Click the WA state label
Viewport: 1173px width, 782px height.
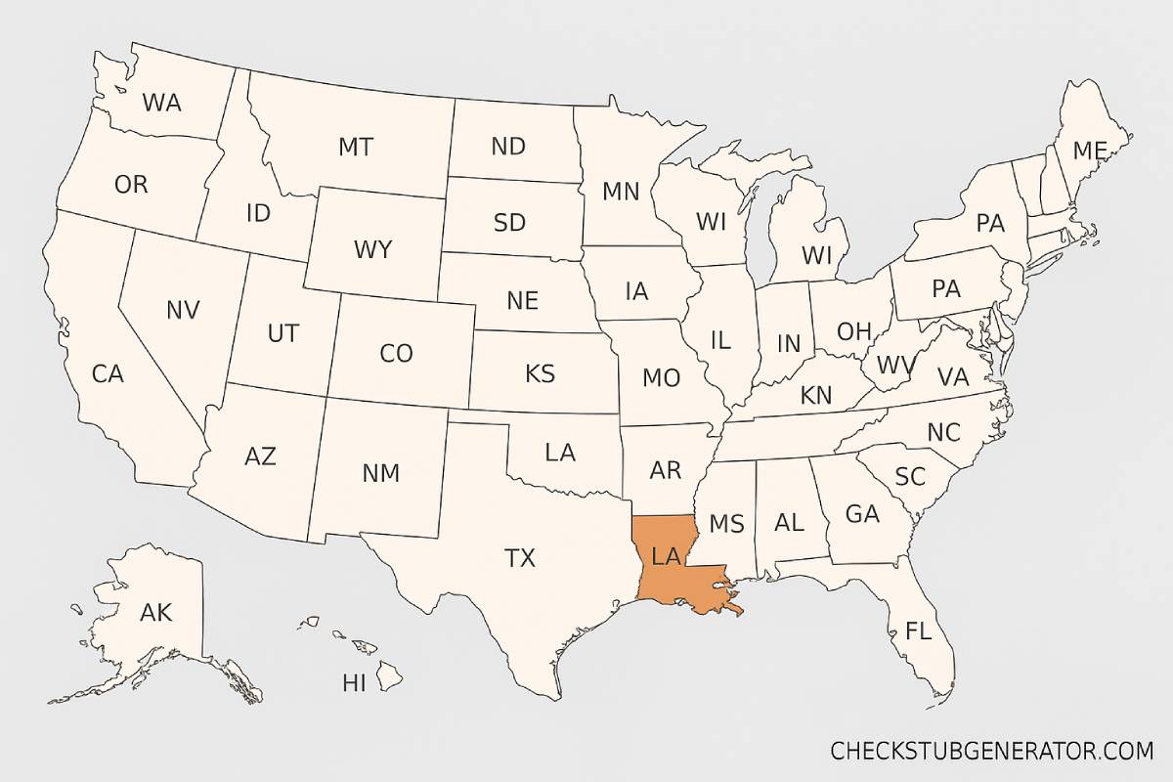pyautogui.click(x=161, y=102)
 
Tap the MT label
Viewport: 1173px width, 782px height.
pyautogui.click(x=356, y=148)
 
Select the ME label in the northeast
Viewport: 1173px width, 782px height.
pyautogui.click(x=1089, y=152)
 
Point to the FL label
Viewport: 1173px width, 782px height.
pyautogui.click(x=918, y=630)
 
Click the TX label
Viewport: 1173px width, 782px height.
pyautogui.click(x=520, y=558)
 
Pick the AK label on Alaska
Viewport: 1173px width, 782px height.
pyautogui.click(x=156, y=613)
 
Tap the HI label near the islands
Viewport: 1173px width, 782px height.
pyautogui.click(x=354, y=683)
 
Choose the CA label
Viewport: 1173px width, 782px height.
pyautogui.click(x=108, y=373)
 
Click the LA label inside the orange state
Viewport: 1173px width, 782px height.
pyautogui.click(x=666, y=557)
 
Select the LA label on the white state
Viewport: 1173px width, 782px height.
pyautogui.click(x=560, y=453)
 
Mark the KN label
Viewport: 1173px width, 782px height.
pyautogui.click(x=816, y=396)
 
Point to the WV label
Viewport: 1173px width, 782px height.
pyautogui.click(x=895, y=366)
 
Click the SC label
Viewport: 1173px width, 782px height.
pyautogui.click(x=910, y=477)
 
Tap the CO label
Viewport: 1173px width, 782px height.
pyautogui.click(x=396, y=353)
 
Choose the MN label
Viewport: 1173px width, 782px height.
pyautogui.click(x=621, y=192)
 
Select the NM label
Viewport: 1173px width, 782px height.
pyautogui.click(x=381, y=473)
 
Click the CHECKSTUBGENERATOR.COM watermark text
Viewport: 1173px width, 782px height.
pyautogui.click(x=992, y=751)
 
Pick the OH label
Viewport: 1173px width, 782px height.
pyautogui.click(x=853, y=331)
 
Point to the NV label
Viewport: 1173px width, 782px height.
pyautogui.click(x=183, y=311)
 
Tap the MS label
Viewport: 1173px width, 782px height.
pyautogui.click(x=726, y=524)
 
